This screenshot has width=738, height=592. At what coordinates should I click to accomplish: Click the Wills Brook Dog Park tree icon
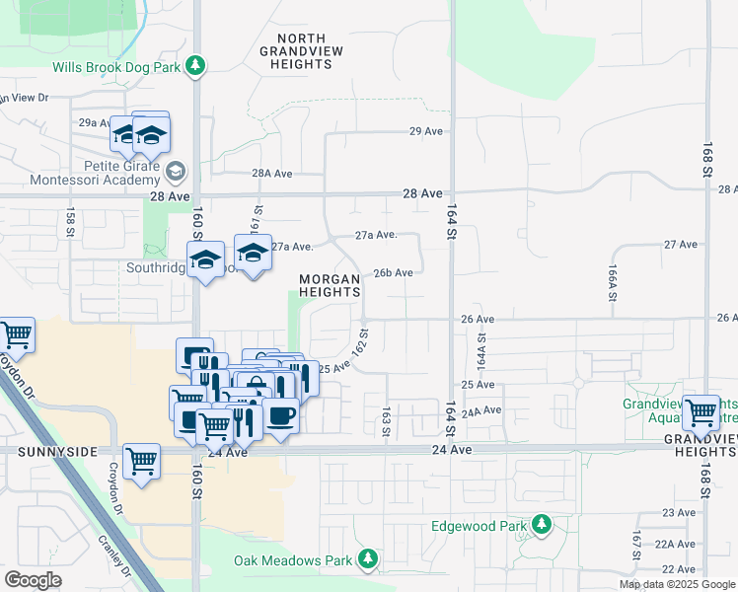197,65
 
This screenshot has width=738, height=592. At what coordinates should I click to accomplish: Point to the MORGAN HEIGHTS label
330,285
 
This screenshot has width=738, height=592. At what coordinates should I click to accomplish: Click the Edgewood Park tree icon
542,526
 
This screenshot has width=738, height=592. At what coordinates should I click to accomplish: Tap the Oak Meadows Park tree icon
368,560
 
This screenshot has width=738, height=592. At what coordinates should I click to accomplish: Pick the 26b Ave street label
392,273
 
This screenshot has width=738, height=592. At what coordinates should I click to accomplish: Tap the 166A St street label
613,282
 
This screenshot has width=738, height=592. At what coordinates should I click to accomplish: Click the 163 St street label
387,419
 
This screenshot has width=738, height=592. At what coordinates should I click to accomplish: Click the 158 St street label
71,224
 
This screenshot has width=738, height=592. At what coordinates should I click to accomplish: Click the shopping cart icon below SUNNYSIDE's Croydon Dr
142,460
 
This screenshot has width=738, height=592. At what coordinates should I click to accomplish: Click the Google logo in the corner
34,580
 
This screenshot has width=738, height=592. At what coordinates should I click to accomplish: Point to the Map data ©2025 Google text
677,584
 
